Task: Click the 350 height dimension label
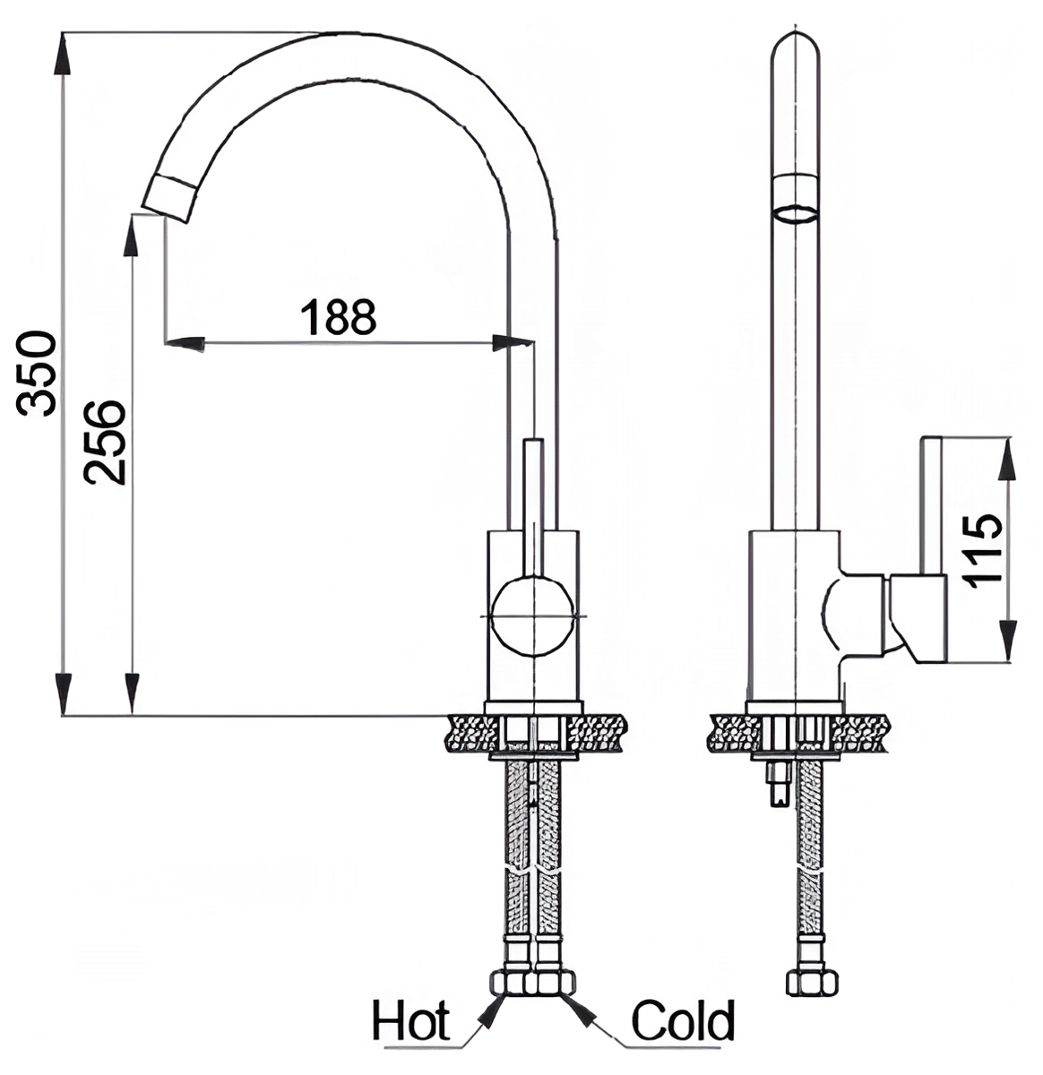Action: coord(38,374)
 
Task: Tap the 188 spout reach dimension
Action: coord(337,316)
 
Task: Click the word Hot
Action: coord(411,1021)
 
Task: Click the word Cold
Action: coord(684,1021)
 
